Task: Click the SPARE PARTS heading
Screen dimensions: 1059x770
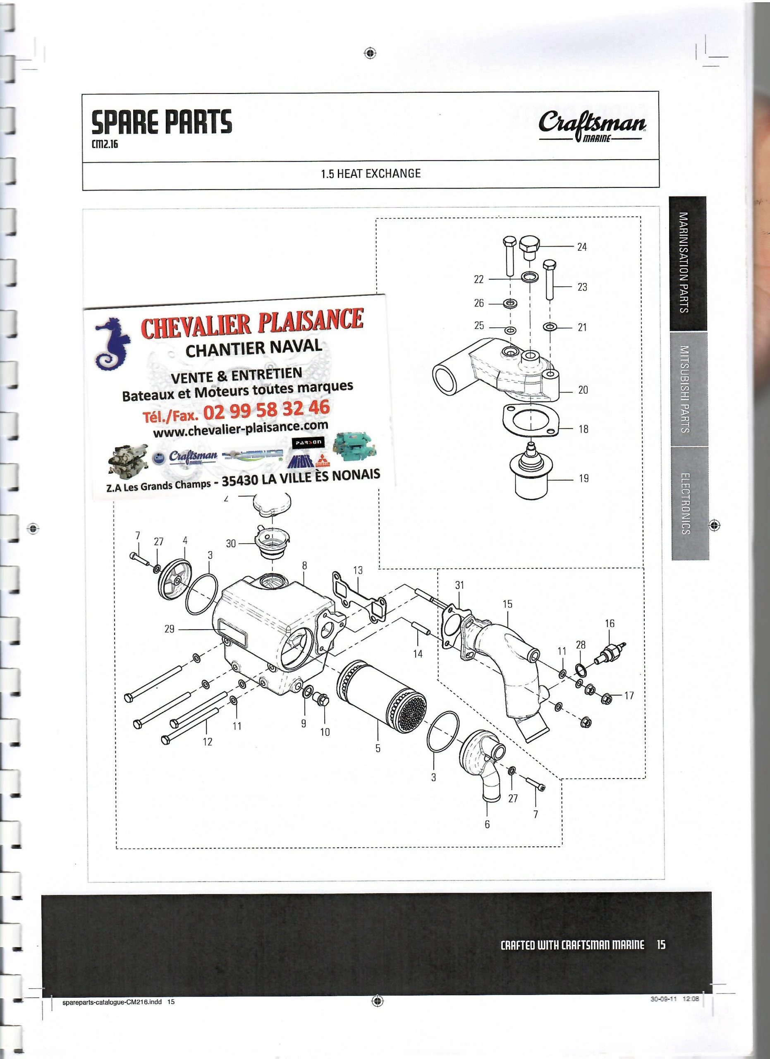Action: (x=161, y=122)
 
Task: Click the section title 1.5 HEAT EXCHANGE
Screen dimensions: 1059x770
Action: (x=371, y=174)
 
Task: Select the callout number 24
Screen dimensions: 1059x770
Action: (x=581, y=247)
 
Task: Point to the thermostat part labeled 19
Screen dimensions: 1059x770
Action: (x=531, y=474)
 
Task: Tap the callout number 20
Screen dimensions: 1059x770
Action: (x=583, y=389)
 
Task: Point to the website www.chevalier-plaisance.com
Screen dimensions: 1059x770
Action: (x=240, y=429)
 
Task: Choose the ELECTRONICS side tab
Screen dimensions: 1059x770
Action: (x=690, y=503)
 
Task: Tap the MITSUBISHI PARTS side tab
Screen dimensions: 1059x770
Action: (x=689, y=388)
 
